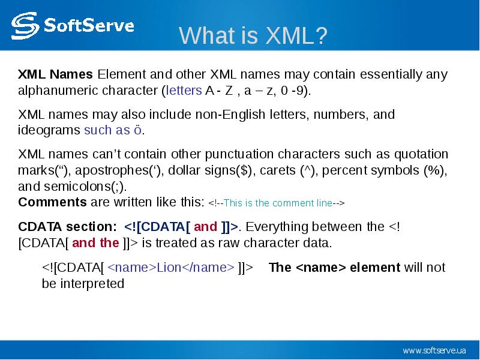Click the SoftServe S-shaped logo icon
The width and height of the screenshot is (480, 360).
point(25,26)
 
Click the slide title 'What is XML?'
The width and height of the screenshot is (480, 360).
point(253,35)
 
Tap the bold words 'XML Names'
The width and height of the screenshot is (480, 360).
point(55,74)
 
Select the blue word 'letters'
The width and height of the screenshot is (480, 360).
point(184,91)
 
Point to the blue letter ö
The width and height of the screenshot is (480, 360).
point(138,130)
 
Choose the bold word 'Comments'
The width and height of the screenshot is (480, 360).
point(52,202)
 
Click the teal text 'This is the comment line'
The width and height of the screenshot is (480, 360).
point(278,203)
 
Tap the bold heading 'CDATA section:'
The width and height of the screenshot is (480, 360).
point(67,227)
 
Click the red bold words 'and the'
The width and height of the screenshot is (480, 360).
point(95,243)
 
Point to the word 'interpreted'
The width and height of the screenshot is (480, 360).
point(92,284)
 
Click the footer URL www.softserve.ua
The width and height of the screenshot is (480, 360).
point(434,350)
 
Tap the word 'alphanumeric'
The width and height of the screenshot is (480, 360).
point(58,91)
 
